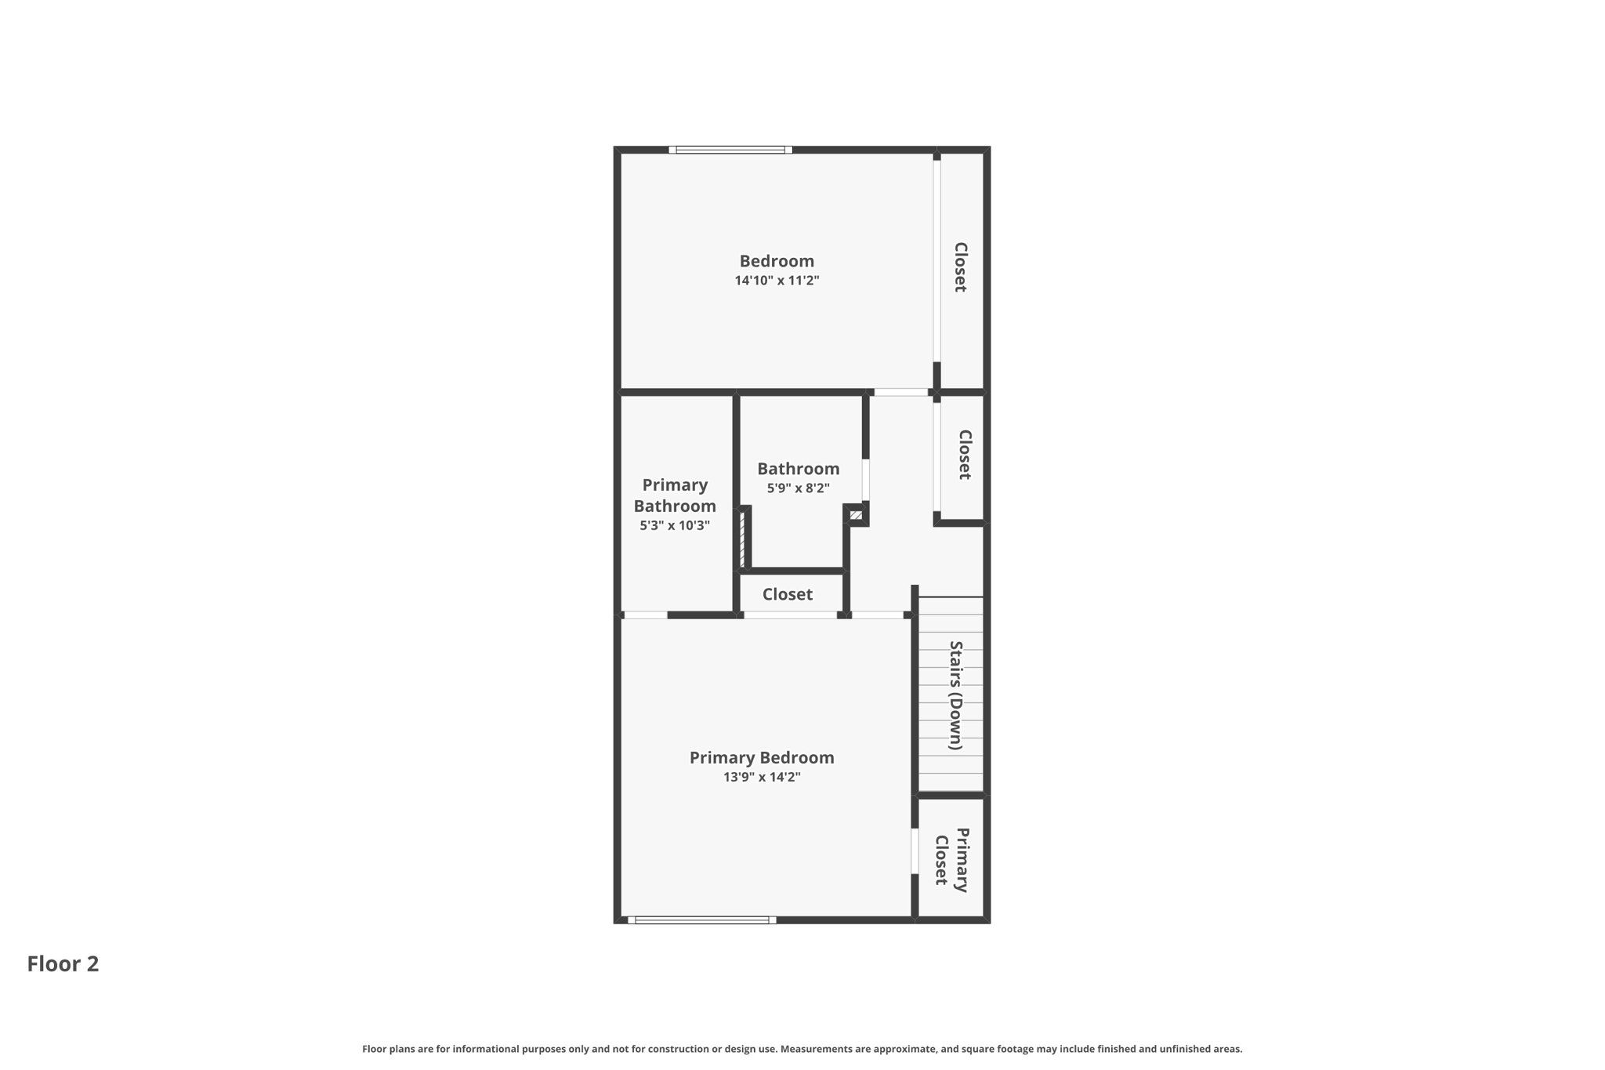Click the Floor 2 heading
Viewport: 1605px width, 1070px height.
[x=63, y=963]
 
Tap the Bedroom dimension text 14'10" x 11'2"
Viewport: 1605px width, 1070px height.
[x=777, y=281]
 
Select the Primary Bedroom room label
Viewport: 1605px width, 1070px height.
[x=761, y=757]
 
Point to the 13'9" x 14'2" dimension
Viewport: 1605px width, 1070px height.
[x=761, y=777]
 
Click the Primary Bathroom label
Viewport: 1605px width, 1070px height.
[x=675, y=495]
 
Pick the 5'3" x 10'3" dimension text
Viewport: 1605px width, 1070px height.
[x=675, y=525]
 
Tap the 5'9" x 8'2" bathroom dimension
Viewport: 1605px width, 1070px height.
[x=798, y=488]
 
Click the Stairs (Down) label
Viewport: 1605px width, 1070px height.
[x=956, y=695]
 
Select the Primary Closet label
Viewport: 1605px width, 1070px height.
[x=952, y=860]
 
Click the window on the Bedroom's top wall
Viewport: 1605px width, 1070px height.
[x=730, y=150]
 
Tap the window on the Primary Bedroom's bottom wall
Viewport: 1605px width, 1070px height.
[x=701, y=920]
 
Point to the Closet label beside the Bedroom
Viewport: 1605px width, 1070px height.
[x=960, y=267]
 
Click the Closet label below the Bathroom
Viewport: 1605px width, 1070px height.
[x=787, y=594]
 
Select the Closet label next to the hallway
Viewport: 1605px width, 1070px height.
[x=965, y=455]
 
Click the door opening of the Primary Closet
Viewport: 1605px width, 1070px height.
[x=915, y=851]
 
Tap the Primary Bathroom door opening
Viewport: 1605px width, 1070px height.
[x=645, y=615]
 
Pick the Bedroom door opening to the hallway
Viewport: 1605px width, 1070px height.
[x=900, y=392]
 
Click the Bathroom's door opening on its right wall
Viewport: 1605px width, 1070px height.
[x=866, y=480]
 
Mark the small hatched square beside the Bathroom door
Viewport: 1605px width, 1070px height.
[x=856, y=515]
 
